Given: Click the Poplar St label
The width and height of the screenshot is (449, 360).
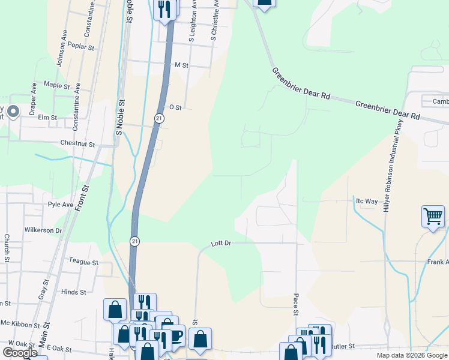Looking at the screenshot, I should pos(82,47).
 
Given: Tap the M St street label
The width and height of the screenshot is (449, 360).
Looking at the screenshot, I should pos(181,65).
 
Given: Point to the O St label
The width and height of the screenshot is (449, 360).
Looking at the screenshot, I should pos(175,107).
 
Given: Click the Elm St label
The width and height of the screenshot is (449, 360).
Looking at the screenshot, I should pos(47,118).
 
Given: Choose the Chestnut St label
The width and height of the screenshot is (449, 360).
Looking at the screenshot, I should pos(77,144).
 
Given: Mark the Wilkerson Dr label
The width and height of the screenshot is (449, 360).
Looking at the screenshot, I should pos(43,230).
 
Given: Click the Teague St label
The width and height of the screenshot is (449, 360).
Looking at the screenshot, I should pos(83,262).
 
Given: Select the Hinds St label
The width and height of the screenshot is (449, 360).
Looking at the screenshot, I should pos(74,292).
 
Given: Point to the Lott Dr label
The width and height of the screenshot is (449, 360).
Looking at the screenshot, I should pos(221,244).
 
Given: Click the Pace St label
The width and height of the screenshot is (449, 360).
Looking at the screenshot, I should pos(296,304).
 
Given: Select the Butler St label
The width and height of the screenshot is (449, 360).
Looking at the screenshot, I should pos(343,346).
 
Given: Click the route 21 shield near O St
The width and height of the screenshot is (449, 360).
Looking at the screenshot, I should pos(158,118).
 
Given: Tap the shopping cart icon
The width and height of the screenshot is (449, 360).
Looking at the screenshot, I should pos(433,216).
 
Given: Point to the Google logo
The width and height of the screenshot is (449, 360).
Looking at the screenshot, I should pos(20,353).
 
